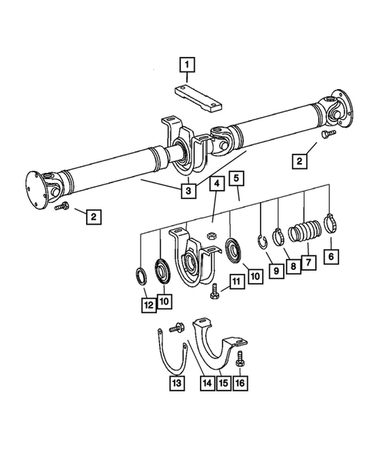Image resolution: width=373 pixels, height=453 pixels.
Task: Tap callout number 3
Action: point(187,190)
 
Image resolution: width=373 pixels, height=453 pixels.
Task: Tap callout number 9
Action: point(275,270)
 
